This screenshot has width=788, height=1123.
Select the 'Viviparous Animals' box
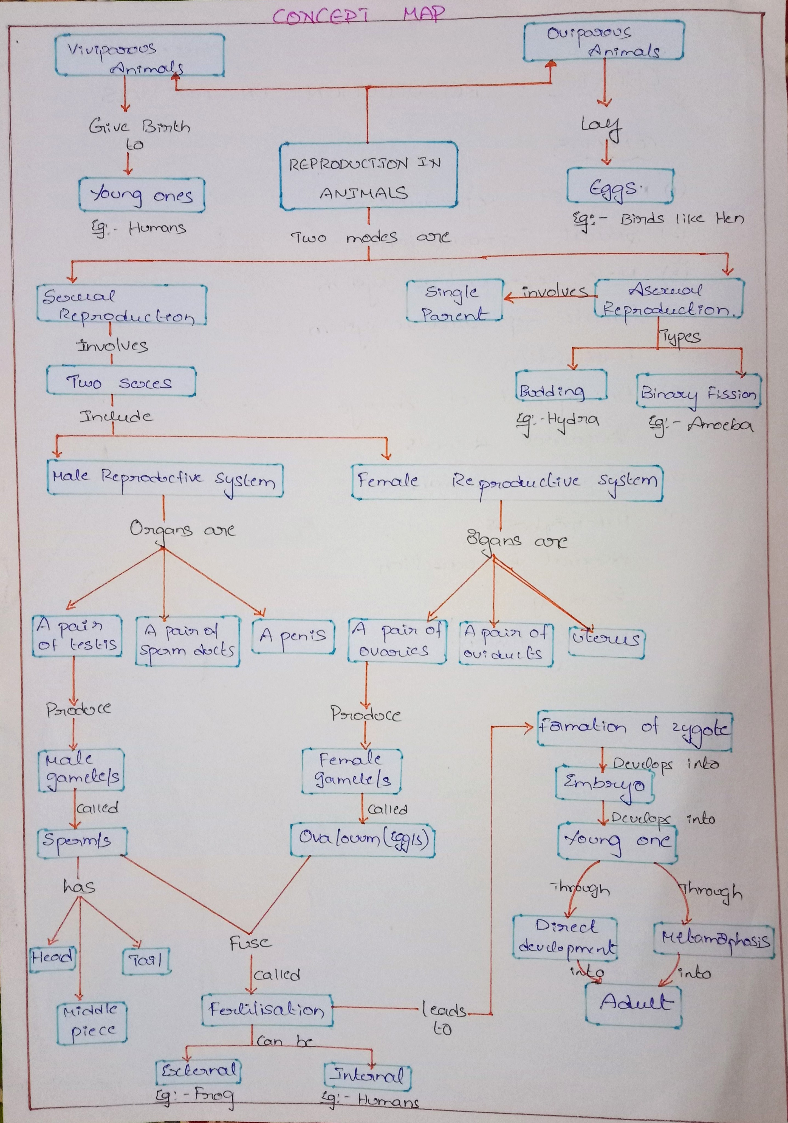click(x=139, y=55)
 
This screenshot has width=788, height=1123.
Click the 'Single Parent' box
click(x=455, y=301)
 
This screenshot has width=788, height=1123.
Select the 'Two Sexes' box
click(x=121, y=381)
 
